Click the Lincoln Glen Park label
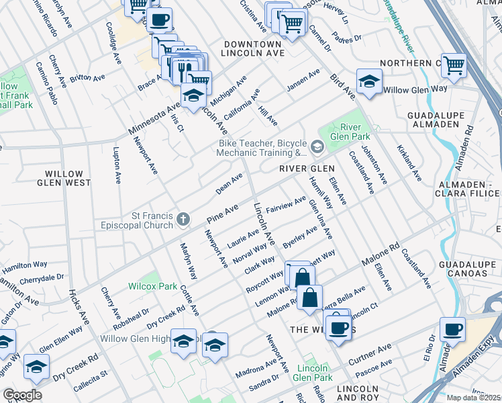[x=313, y=375]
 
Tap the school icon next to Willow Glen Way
[x=368, y=81]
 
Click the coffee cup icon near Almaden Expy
[x=452, y=329]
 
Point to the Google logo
[x=22, y=395]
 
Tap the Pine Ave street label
[x=223, y=214]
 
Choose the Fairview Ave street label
[x=286, y=204]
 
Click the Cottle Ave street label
[x=190, y=300]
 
